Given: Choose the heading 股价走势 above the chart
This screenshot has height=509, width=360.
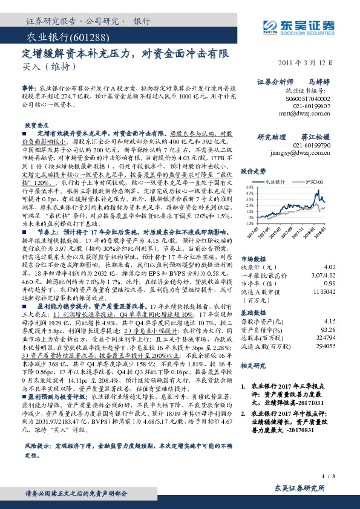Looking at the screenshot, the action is click(254, 171).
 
